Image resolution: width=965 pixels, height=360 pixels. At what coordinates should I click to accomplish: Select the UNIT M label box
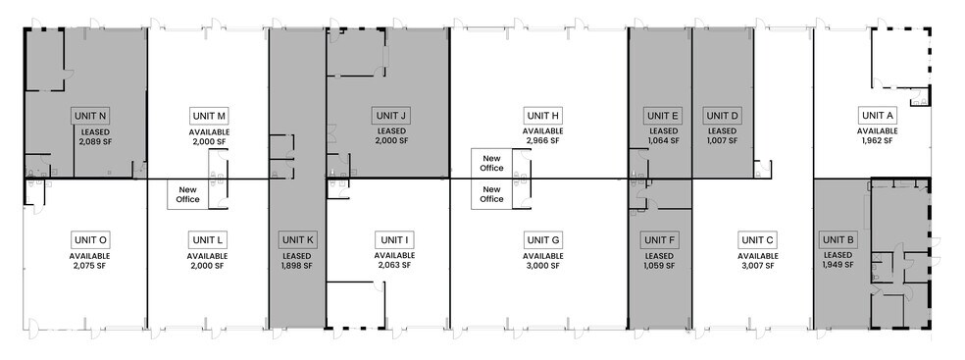[x=209, y=116]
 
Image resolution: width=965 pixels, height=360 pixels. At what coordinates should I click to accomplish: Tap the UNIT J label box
[x=390, y=116]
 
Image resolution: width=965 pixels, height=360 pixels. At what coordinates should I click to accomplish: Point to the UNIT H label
[x=542, y=116]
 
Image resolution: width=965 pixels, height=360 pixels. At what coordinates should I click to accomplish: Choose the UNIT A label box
[x=877, y=116]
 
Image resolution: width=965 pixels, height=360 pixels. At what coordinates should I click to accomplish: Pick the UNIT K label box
[x=297, y=239]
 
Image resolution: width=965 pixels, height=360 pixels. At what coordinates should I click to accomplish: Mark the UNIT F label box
[x=659, y=239]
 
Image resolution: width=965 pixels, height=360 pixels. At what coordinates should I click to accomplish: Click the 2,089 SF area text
[x=96, y=141]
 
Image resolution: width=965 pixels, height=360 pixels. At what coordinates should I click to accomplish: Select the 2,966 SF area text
[x=542, y=141]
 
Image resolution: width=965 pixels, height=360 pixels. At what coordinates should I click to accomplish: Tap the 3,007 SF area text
[x=757, y=265]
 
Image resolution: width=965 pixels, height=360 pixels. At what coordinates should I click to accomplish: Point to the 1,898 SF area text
[x=297, y=265]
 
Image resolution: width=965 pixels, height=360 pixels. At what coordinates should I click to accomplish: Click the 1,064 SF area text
[x=663, y=141]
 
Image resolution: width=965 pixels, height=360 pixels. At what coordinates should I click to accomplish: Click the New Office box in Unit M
[x=187, y=193]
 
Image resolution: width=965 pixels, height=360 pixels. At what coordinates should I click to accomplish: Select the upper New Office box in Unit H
[x=491, y=162]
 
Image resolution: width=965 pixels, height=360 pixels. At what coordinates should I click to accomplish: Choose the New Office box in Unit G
[x=491, y=193]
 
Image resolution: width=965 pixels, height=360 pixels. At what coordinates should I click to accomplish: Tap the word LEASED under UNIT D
[x=722, y=131]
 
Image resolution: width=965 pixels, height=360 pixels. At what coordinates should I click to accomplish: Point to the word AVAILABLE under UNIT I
[x=394, y=255]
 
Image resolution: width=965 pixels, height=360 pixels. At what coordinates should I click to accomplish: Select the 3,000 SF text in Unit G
[x=542, y=265]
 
